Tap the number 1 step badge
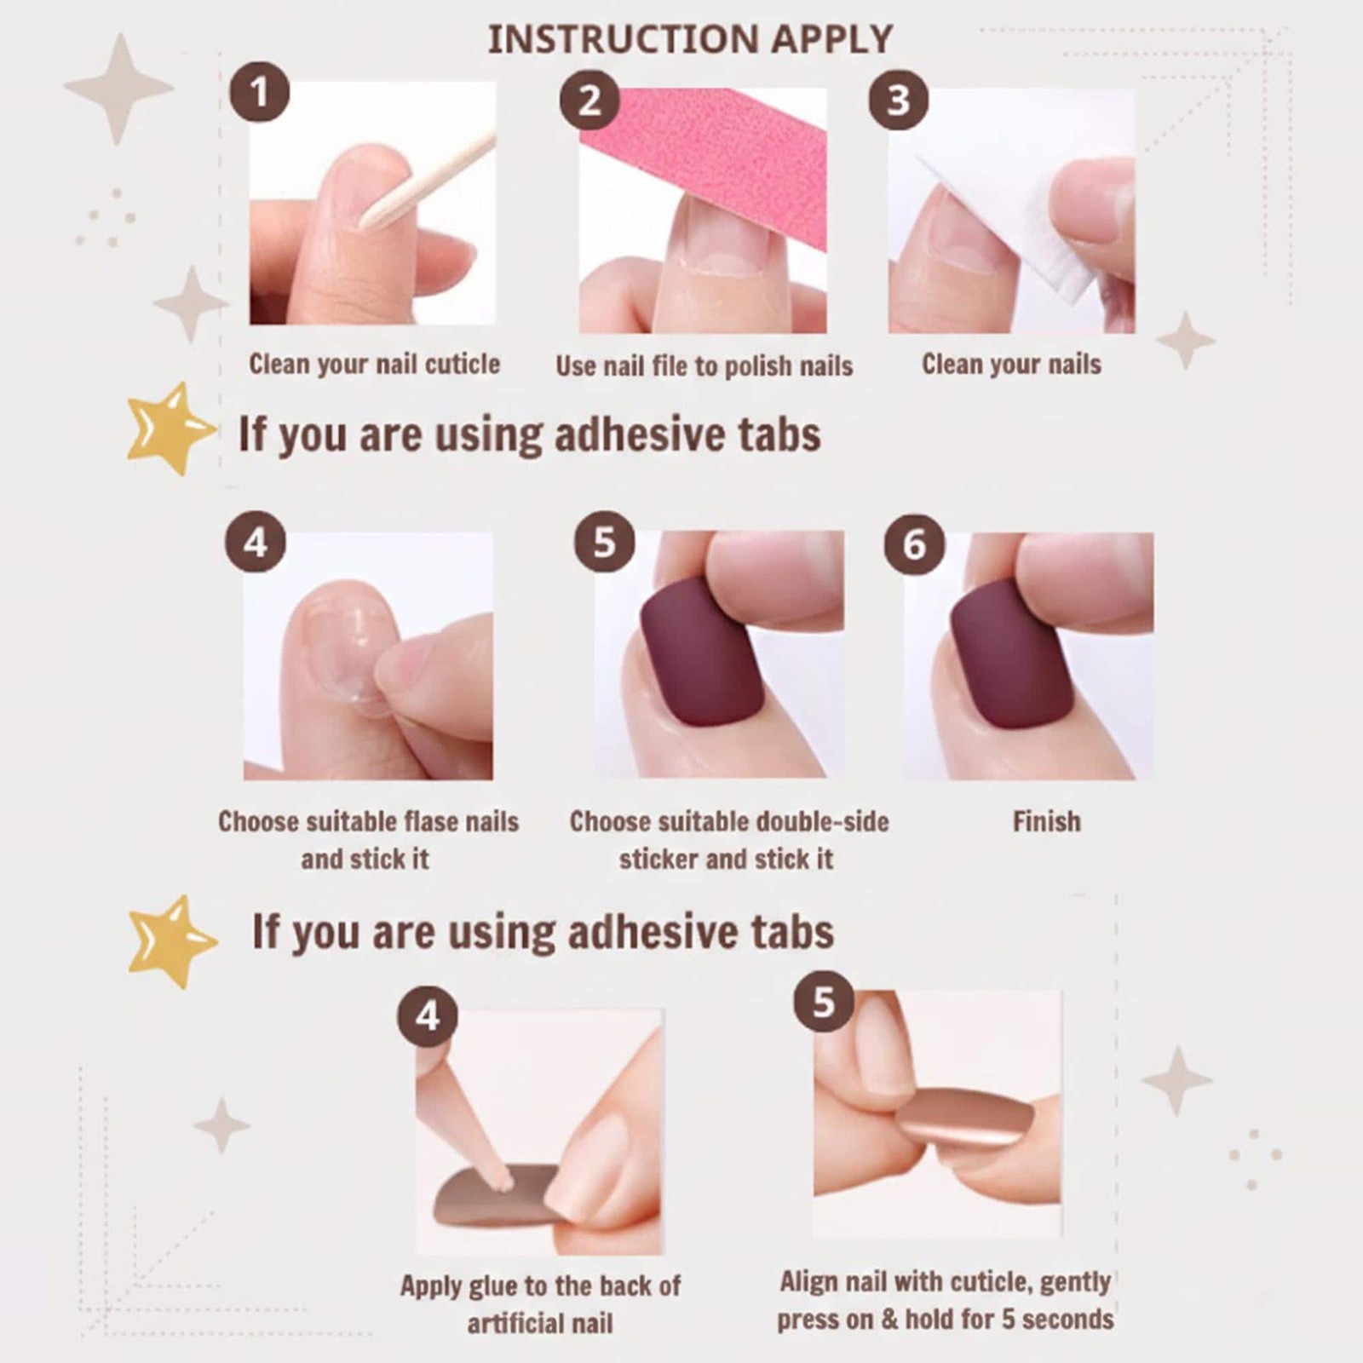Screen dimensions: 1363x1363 coord(259,91)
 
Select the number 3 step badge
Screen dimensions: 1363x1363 coord(898,100)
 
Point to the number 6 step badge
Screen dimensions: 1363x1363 coord(914,544)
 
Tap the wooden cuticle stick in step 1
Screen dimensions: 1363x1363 coord(426,181)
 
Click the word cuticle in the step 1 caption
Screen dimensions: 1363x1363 coord(462,365)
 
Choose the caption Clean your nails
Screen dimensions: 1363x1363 coord(1011,365)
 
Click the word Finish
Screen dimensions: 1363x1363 coord(1046,821)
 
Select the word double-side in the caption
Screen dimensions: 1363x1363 coord(823,822)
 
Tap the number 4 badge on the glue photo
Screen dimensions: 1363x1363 coord(428,1015)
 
